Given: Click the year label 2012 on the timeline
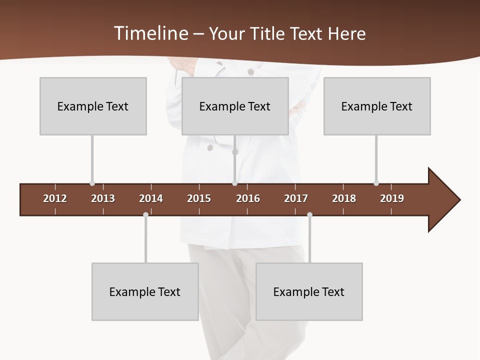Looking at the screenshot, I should pyautogui.click(x=55, y=198).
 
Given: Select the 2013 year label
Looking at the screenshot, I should pyautogui.click(x=103, y=198).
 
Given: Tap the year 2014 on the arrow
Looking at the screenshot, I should pyautogui.click(x=151, y=198).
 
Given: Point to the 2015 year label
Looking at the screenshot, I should pyautogui.click(x=199, y=198).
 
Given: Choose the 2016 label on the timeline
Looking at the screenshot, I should pyautogui.click(x=248, y=198).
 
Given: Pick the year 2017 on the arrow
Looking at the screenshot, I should pyautogui.click(x=296, y=198).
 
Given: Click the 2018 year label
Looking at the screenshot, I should pyautogui.click(x=344, y=198).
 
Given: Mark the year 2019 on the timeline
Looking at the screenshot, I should pyautogui.click(x=392, y=198).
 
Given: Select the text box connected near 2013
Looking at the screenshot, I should pyautogui.click(x=93, y=106).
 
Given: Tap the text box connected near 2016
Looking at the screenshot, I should pyautogui.click(x=235, y=106).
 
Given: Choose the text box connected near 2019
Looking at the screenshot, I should pyautogui.click(x=377, y=106).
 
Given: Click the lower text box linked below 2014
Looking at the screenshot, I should pyautogui.click(x=145, y=291).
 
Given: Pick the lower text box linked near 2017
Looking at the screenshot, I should pyautogui.click(x=309, y=291).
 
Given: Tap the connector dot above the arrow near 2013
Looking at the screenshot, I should pyautogui.click(x=92, y=183).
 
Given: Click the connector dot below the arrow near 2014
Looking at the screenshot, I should pyautogui.click(x=145, y=215).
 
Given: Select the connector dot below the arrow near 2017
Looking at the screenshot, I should pyautogui.click(x=309, y=215).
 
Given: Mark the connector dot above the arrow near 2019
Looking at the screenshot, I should pyautogui.click(x=376, y=183).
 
